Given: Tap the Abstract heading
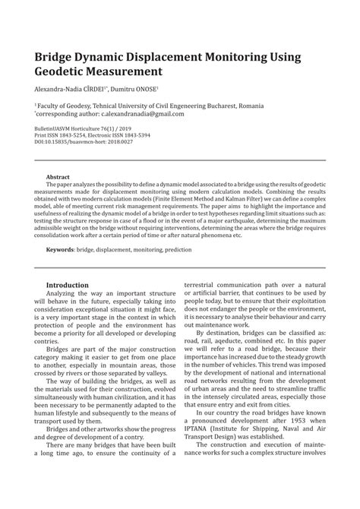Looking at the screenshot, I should point(58,176).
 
